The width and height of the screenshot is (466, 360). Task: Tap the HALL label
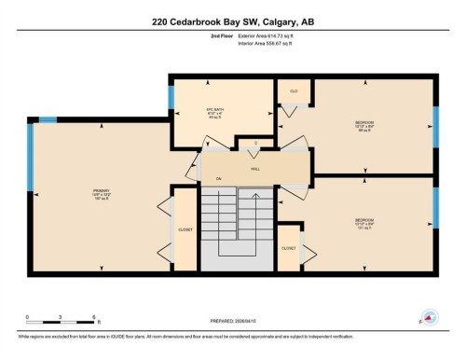point(254,169)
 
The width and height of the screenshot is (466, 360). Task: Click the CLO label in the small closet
point(294,91)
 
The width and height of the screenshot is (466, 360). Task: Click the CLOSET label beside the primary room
point(185,228)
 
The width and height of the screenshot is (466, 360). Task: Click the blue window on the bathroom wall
point(171,96)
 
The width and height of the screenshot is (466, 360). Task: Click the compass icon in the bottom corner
point(429,317)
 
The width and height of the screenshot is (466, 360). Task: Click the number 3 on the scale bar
point(60,318)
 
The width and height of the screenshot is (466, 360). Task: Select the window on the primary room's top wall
point(45,119)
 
